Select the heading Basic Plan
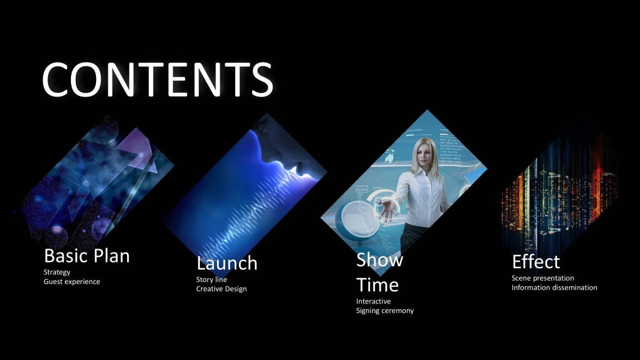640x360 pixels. [87, 255]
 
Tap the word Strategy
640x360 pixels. [57, 273]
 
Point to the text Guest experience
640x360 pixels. [71, 282]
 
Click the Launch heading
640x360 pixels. [227, 263]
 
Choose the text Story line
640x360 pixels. [211, 279]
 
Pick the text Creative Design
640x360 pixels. [221, 289]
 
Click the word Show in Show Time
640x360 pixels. [379, 260]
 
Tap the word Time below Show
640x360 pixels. [378, 285]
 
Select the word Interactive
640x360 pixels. [373, 301]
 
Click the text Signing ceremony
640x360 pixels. [385, 310]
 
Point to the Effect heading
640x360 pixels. [536, 261]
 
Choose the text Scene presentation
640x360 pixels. [543, 278]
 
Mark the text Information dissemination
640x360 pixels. [554, 287]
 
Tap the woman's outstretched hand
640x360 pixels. [387, 210]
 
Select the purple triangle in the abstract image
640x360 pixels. [137, 149]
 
